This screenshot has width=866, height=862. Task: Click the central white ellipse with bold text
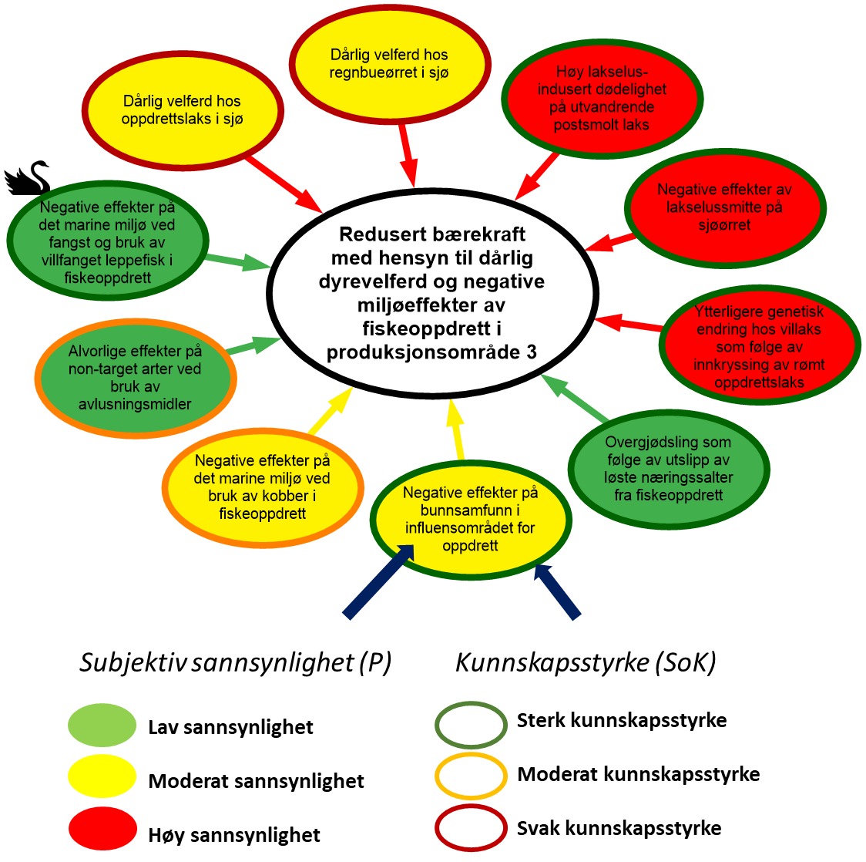[432, 294]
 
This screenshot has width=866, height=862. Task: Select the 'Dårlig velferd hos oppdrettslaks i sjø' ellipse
[182, 111]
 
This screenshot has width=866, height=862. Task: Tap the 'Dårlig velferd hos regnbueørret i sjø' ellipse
[389, 64]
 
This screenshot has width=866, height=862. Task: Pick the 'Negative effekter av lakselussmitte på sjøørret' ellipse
[724, 207]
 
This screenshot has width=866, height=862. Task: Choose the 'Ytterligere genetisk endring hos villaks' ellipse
[759, 346]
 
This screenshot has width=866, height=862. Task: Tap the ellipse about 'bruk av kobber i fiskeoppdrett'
[262, 487]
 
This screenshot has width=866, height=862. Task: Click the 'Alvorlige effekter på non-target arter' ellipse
[136, 378]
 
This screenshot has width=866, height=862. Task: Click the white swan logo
[27, 177]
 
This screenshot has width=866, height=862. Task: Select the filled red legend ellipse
[102, 829]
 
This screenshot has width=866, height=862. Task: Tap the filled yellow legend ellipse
[102, 776]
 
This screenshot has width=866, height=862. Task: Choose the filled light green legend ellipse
[102, 725]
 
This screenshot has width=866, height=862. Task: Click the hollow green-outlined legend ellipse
[471, 725]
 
